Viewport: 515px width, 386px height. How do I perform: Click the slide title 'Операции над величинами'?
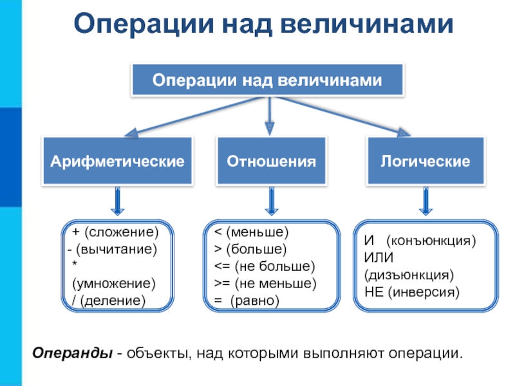click(x=264, y=24)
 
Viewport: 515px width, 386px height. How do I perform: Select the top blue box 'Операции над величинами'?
click(x=267, y=81)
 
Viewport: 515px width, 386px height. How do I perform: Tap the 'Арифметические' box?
click(x=117, y=161)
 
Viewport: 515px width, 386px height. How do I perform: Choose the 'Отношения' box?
click(x=271, y=161)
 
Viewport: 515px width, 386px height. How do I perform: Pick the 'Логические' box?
click(x=426, y=161)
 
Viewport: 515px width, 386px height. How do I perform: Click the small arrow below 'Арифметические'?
click(x=118, y=201)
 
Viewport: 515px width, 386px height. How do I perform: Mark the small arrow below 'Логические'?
click(x=426, y=201)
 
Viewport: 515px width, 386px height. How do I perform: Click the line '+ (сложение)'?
click(x=115, y=232)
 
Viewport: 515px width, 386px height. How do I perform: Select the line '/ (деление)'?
click(x=109, y=301)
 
